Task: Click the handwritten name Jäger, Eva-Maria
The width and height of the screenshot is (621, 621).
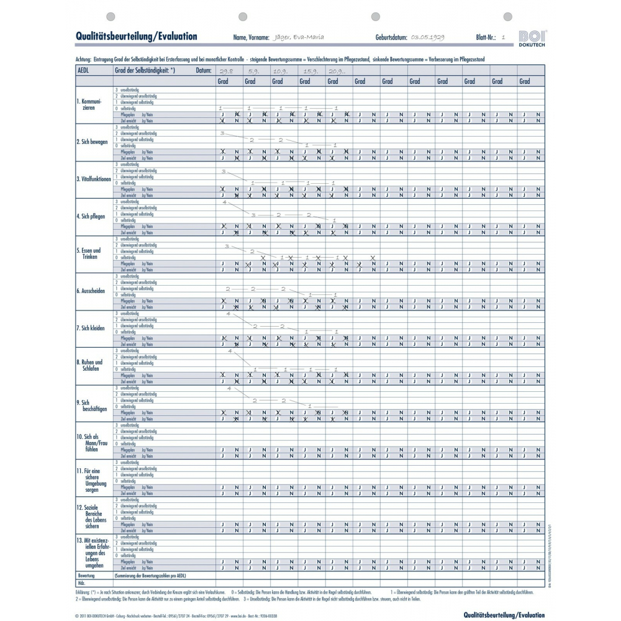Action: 299,37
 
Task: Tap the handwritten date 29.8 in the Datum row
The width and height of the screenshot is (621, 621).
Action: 227,71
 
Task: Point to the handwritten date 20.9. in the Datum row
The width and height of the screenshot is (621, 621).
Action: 338,71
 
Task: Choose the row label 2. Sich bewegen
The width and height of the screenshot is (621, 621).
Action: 92,142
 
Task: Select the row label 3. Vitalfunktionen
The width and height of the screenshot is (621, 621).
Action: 93,179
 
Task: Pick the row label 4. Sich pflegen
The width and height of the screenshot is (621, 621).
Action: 91,216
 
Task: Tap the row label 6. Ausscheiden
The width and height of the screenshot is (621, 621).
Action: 91,291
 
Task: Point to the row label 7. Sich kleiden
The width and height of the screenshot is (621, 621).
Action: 91,328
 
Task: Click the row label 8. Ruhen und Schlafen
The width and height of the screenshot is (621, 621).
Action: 91,365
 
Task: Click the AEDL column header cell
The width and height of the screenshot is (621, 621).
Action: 83,71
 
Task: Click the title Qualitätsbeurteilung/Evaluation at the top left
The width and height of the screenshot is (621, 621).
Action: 136,36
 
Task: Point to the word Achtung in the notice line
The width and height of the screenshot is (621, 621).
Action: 83,59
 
